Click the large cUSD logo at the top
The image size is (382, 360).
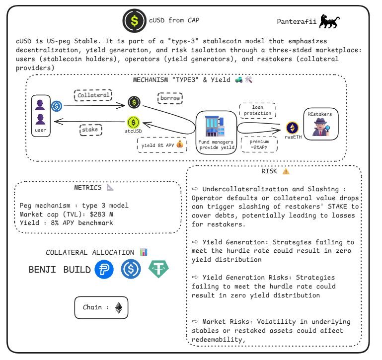pos(134,20)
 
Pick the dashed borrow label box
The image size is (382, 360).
pos(170,98)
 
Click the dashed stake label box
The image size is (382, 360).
pos(91,130)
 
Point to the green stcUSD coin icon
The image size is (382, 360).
pos(133,122)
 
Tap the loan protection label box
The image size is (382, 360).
pos(257,110)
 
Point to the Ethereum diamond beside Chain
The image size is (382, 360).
pos(118,308)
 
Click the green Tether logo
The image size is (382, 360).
pos(158,270)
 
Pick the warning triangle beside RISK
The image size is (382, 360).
pos(286,171)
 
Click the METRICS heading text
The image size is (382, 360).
pos(88,188)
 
